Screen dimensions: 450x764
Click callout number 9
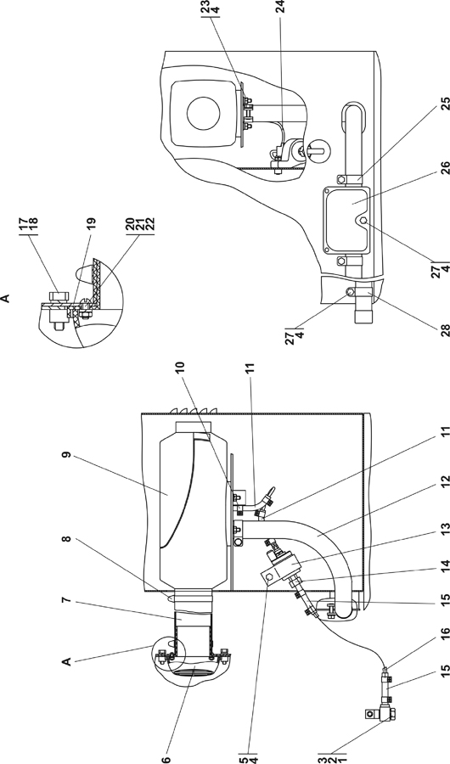[x=67, y=455]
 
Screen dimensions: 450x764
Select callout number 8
[x=67, y=539]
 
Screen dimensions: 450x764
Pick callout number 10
[x=180, y=368]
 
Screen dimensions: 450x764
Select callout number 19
[x=91, y=223]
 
